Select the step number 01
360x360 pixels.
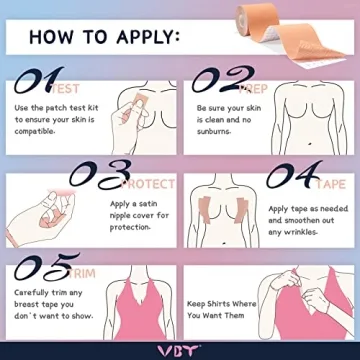click(x=39, y=81)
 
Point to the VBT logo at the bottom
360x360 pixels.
click(x=180, y=349)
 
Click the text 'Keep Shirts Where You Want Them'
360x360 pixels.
click(x=221, y=308)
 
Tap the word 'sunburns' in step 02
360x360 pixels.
click(x=213, y=131)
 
